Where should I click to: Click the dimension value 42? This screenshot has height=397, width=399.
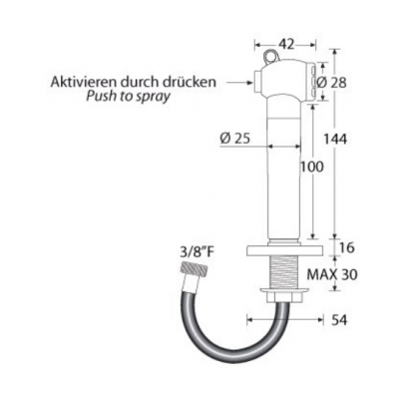coord(285,44)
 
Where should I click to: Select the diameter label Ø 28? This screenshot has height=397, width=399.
coord(331,82)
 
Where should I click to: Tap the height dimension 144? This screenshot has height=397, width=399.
coord(335,139)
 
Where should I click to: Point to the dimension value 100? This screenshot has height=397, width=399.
coord(311,167)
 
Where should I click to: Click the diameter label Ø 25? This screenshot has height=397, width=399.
coord(235,139)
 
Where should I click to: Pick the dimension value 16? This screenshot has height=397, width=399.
coord(347,247)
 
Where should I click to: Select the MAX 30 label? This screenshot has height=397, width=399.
coord(332,274)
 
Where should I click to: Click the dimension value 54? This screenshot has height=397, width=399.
coord(339,320)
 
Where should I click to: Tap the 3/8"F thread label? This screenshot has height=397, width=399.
coord(197,253)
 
